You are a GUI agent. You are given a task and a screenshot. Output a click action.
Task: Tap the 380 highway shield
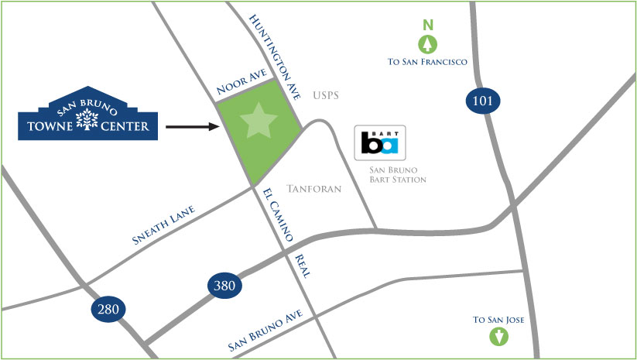point(224,286)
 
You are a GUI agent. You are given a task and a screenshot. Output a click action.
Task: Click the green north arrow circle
point(426,43)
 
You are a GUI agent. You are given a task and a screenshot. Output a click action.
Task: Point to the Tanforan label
point(314,189)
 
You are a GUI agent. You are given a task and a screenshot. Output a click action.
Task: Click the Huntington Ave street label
point(277,57)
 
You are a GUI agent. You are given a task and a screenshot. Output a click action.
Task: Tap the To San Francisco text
point(427,61)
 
